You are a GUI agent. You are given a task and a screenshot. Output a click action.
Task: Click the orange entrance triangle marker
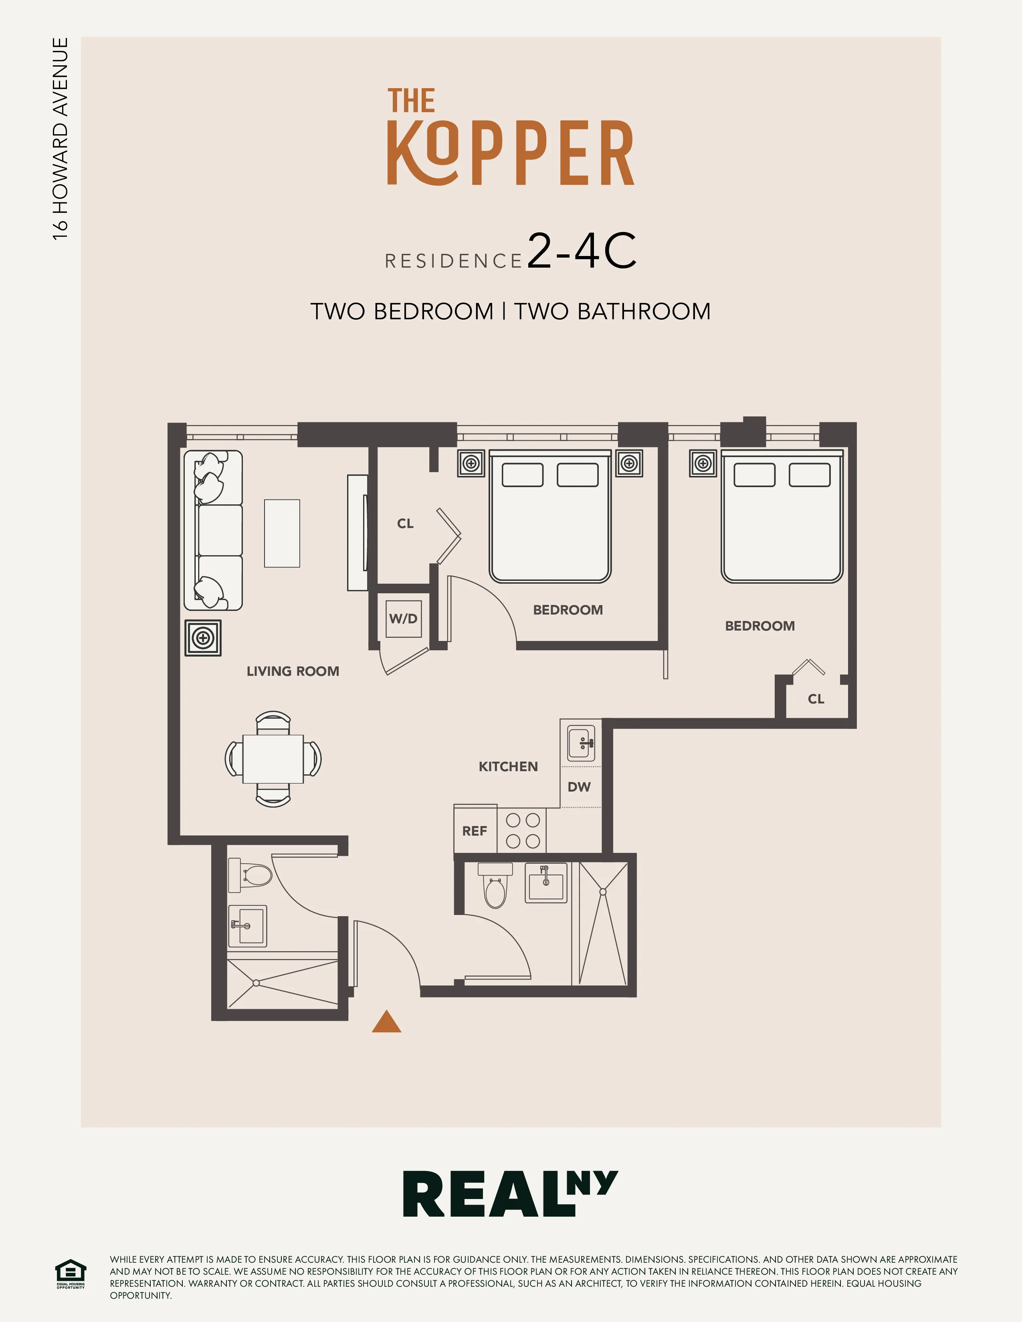[386, 1022]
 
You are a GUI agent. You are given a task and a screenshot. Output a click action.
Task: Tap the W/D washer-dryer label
[403, 619]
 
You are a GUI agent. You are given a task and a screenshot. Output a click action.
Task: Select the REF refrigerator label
[475, 831]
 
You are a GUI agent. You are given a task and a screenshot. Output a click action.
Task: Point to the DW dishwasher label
[579, 787]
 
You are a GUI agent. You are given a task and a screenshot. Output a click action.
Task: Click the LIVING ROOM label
[293, 671]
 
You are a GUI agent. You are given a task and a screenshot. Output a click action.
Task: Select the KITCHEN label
[508, 767]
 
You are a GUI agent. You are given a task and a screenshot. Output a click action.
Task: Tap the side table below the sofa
[203, 638]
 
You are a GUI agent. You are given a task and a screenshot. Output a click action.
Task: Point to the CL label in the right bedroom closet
[816, 699]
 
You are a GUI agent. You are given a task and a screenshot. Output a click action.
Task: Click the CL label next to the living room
[405, 524]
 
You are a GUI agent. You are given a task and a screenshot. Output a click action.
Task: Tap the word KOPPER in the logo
[510, 153]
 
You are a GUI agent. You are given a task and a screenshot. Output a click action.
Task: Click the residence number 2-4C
[581, 251]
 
